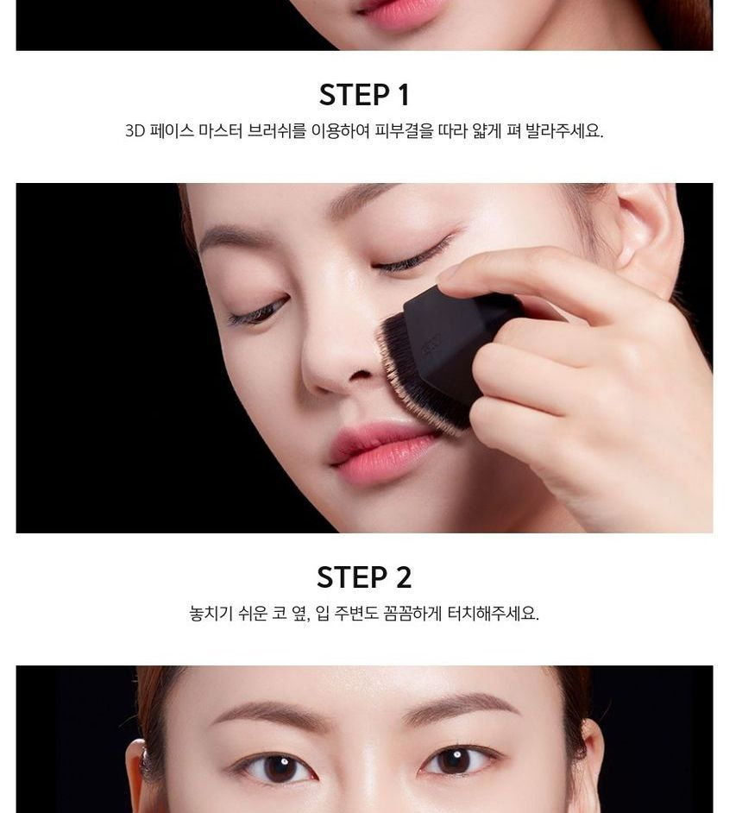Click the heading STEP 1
(x=364, y=95)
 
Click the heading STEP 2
(x=364, y=577)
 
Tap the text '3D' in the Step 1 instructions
(x=135, y=130)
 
